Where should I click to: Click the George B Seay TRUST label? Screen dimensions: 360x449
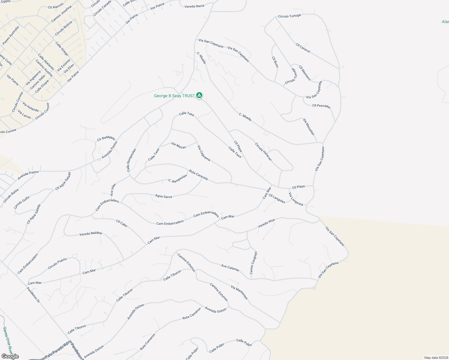click(x=174, y=96)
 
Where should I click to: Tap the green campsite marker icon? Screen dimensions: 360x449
click(x=199, y=95)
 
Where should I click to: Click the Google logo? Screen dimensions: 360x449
click(x=10, y=356)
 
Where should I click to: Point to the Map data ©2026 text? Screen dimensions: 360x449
click(x=436, y=358)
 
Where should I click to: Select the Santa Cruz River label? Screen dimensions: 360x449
click(x=8, y=340)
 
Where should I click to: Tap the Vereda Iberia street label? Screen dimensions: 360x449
click(x=194, y=6)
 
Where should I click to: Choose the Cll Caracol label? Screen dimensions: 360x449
click(x=303, y=48)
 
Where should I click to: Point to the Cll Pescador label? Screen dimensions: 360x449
click(x=321, y=106)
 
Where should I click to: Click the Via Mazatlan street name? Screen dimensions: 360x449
click(x=309, y=127)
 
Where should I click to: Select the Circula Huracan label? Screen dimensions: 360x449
click(x=263, y=151)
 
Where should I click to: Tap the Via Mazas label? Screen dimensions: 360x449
click(x=179, y=145)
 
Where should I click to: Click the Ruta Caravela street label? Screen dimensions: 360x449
click(x=198, y=175)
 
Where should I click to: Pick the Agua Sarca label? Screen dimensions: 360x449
click(x=164, y=196)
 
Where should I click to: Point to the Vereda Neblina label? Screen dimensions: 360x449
click(x=91, y=233)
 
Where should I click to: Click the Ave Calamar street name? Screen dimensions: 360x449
click(x=230, y=268)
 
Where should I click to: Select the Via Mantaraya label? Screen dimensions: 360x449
click(x=239, y=292)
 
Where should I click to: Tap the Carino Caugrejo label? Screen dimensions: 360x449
click(x=253, y=263)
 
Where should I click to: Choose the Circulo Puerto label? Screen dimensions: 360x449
click(x=57, y=263)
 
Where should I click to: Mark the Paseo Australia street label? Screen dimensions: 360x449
click(x=11, y=35)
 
